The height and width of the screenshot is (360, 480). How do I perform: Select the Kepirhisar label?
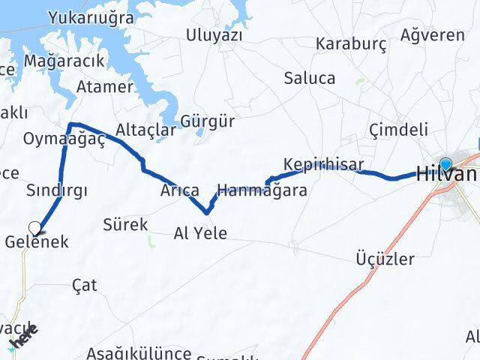324,164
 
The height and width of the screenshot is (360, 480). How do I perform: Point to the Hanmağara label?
261,190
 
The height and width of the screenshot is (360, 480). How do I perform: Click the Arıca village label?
179,190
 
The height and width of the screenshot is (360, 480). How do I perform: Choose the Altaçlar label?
146,130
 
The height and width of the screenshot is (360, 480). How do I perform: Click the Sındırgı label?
56,190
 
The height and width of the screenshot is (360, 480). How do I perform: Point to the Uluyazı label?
215,34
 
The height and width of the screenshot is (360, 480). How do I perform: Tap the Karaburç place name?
352,43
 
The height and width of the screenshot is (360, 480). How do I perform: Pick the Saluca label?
310,78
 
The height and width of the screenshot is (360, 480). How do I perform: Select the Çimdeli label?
399,130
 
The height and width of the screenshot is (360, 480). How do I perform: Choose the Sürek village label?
125,224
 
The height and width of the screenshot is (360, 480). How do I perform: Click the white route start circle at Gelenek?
34,226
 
